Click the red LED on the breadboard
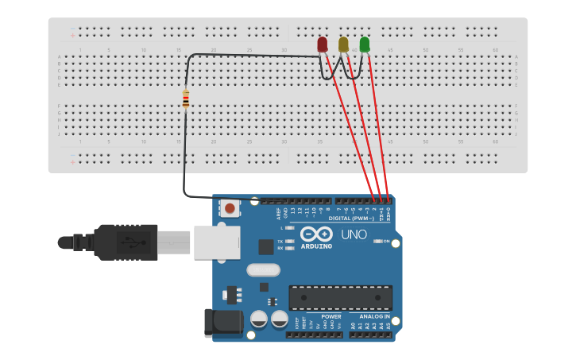322,45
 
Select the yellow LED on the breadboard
343,45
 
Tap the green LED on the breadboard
365,45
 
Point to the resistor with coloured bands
186,99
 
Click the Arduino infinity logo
315,234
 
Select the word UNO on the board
354,234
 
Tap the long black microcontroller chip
340,297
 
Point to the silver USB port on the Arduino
216,242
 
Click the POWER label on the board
331,315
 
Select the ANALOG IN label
370,315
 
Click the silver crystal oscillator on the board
263,270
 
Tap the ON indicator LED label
387,241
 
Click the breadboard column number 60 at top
495,51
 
